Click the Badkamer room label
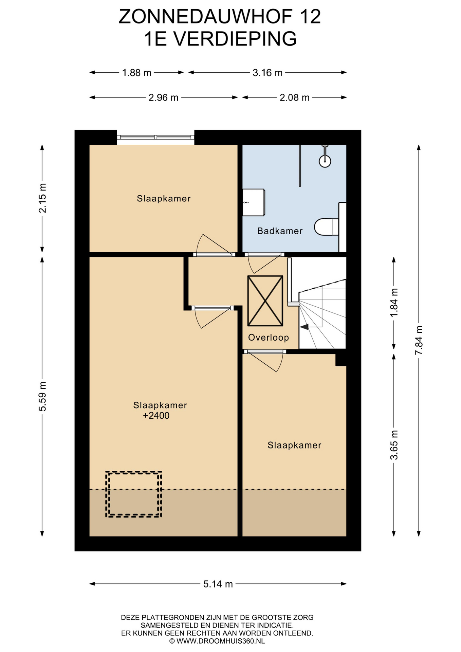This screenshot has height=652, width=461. tap(280, 231)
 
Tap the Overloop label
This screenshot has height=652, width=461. tap(269, 337)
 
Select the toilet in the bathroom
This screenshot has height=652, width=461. tap(326, 227)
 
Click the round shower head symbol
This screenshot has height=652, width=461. tap(325, 161)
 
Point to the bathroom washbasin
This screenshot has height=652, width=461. tap(253, 202)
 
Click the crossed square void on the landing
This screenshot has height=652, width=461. tap(265, 301)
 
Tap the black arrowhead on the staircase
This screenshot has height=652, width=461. tap(304, 327)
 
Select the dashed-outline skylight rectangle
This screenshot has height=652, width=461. tap(134, 494)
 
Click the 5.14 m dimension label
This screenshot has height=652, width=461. tap(218, 584)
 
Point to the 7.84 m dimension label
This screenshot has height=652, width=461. tap(419, 340)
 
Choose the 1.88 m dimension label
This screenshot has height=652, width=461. tap(136, 72)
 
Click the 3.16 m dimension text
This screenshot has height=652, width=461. tap(268, 72)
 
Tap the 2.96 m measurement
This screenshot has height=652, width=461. tap(163, 97)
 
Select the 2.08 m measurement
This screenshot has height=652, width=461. tap(294, 97)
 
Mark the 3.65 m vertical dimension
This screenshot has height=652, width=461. tap(394, 445)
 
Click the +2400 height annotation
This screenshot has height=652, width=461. tap(156, 416)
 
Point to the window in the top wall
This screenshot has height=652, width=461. tap(156, 137)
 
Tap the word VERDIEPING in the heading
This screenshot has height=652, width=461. tap(235, 38)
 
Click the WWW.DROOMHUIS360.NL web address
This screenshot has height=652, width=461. tap(220, 641)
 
